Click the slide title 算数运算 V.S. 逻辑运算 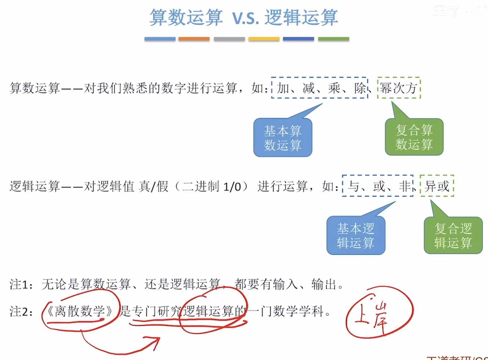244,17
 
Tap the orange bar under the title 194,39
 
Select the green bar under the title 333,39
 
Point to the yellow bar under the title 264,39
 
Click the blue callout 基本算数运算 283,138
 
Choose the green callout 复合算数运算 414,137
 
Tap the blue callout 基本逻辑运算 356,236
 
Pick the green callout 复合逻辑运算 453,236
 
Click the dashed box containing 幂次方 399,88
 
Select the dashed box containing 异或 437,186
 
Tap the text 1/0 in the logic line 232,187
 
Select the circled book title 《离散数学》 80,311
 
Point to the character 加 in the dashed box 283,88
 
